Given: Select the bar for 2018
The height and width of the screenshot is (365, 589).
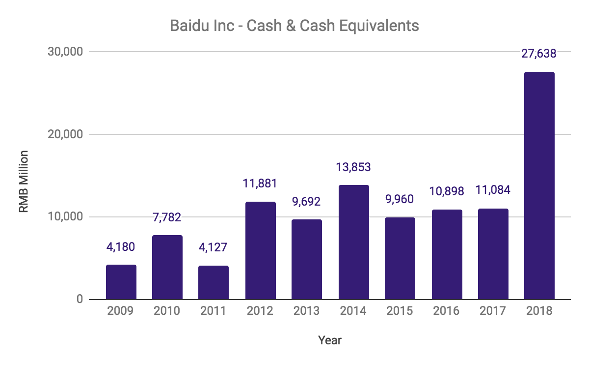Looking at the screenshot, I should click(539, 186).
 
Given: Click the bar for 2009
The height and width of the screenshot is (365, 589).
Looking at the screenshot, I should click(121, 282).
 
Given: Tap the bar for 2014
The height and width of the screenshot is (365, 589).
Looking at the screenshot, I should click(353, 242).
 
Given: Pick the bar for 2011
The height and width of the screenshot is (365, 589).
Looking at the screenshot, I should click(214, 282).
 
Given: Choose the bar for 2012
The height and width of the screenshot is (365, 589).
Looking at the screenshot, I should click(260, 250).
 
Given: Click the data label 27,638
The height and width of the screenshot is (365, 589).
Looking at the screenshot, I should click(539, 54).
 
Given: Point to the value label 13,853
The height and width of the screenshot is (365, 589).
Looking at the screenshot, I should click(353, 167).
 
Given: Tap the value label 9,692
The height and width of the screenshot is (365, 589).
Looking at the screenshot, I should click(307, 201).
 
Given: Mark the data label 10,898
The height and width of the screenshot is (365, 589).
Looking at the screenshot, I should click(447, 191).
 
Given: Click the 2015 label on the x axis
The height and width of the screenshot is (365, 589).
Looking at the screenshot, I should click(400, 311).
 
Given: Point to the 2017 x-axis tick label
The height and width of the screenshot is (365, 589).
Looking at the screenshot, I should click(493, 311).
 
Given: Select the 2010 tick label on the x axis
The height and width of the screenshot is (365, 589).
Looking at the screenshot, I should click(167, 311).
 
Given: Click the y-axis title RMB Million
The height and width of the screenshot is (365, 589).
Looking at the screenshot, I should click(24, 182).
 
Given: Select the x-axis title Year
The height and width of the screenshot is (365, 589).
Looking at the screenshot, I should click(330, 340).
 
